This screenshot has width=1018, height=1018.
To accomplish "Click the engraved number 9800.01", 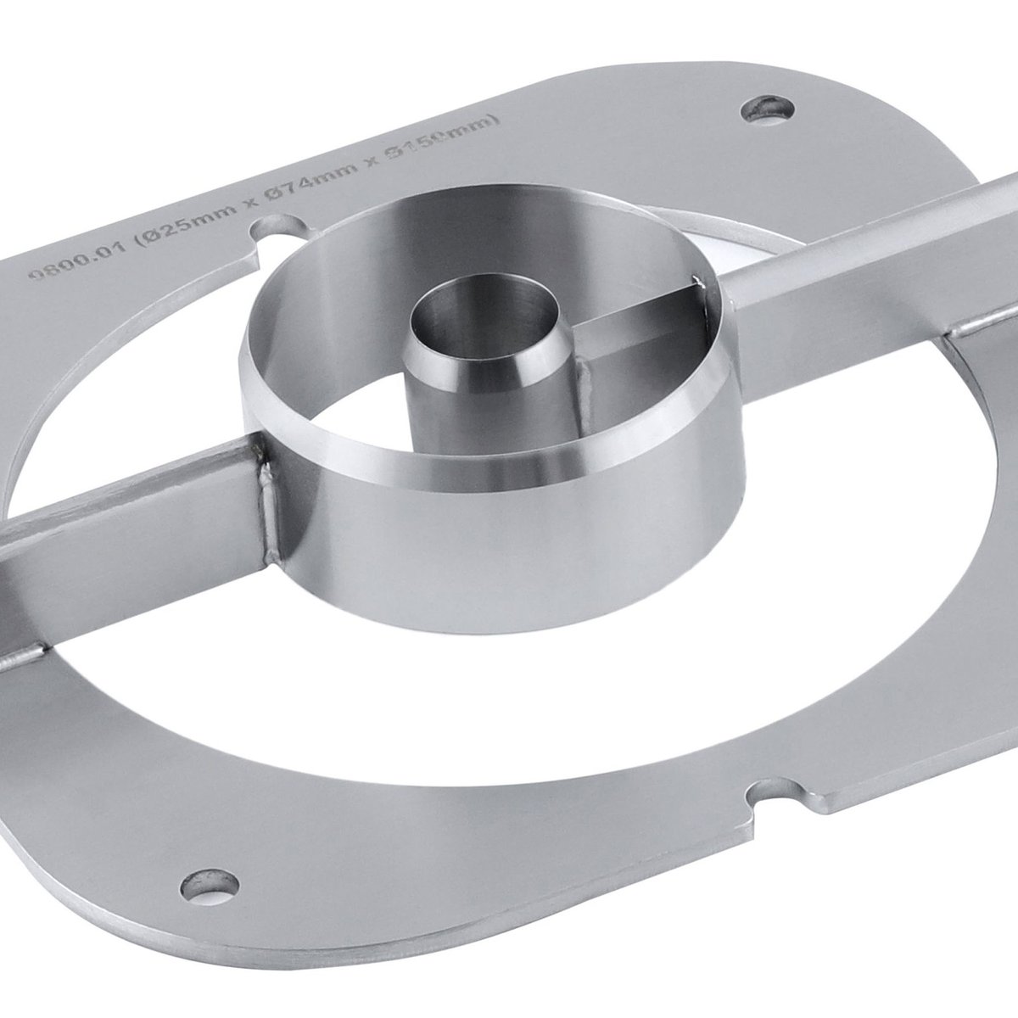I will pyautogui.click(x=68, y=270).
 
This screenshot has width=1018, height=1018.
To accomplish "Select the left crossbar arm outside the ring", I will pyautogui.click(x=127, y=517).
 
